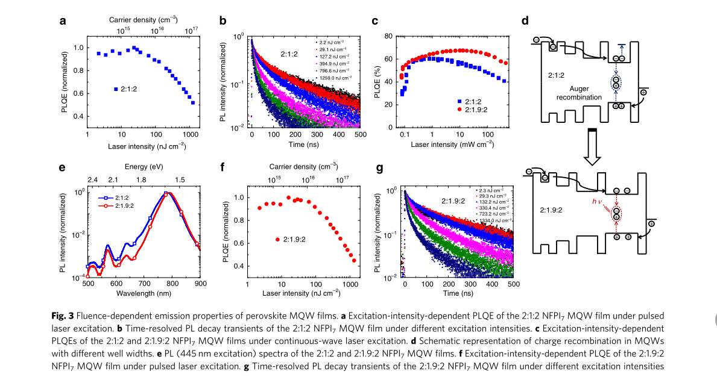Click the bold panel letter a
63,22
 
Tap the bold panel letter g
380,168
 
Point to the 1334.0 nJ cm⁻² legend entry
493,220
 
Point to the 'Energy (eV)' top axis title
144,166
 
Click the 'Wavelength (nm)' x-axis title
144,293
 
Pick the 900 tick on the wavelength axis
200,284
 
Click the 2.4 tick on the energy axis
92,179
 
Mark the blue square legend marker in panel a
116,89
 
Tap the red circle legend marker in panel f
277,240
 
